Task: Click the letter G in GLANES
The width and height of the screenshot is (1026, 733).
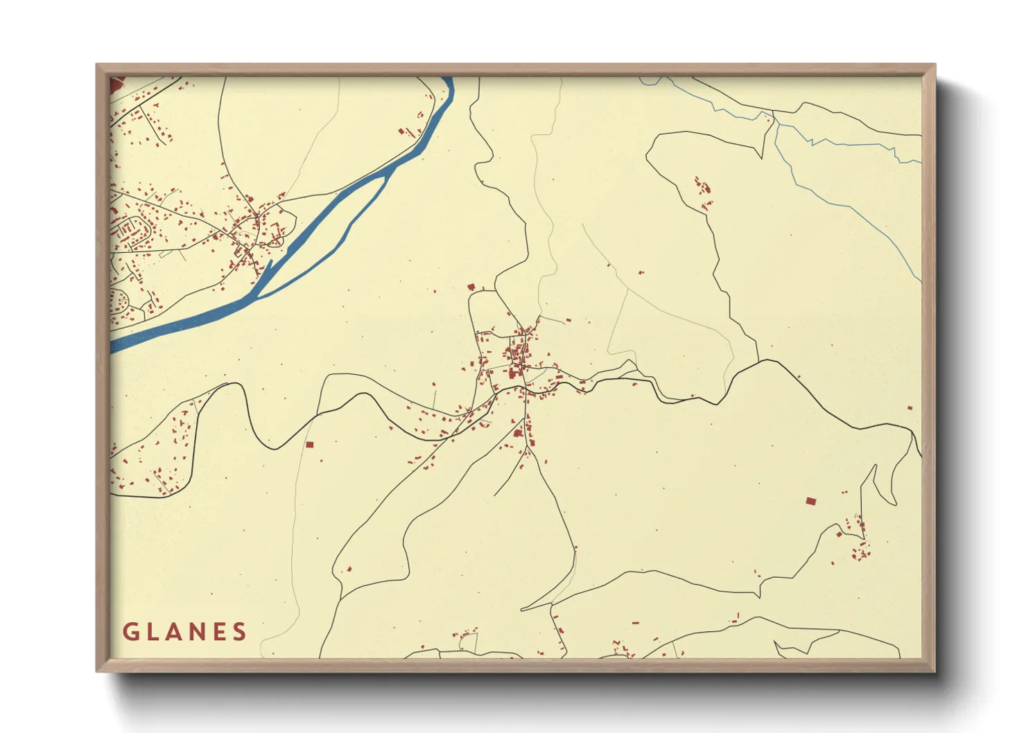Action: (x=130, y=632)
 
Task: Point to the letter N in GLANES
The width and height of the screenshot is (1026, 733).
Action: (x=199, y=632)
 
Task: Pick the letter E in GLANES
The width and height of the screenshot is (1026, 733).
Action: (x=220, y=632)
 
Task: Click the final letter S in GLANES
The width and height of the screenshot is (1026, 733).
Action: (x=240, y=632)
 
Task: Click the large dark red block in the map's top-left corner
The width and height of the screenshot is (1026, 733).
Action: (x=115, y=85)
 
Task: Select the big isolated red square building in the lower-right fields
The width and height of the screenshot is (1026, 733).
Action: (x=810, y=500)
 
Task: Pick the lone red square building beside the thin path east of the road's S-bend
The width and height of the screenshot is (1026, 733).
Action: (x=309, y=444)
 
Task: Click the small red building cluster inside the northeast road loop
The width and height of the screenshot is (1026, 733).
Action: (x=703, y=187)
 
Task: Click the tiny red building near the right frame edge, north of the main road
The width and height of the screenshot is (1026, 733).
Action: (x=910, y=408)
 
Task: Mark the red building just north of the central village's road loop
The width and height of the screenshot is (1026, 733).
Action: (x=471, y=287)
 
